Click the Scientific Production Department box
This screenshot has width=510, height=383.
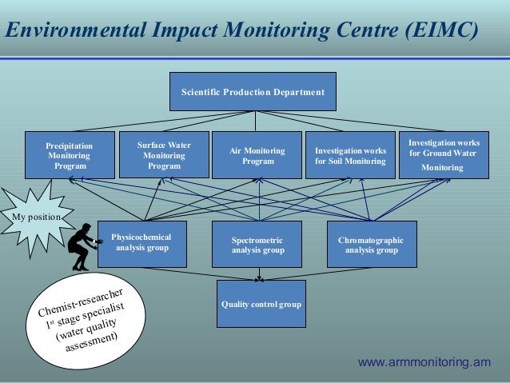pos(253,92)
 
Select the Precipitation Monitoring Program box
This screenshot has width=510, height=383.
pos(70,155)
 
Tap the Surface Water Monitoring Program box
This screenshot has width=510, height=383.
pos(164,155)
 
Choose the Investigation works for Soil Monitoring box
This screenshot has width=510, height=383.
pos(350,155)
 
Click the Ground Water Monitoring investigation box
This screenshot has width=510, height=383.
pos(443,155)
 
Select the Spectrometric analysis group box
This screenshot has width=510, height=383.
pos(257,244)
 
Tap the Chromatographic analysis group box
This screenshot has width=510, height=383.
pos(371,244)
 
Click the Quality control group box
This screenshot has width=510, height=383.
pos(261,304)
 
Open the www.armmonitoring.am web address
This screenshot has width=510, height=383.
pos(424,362)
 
